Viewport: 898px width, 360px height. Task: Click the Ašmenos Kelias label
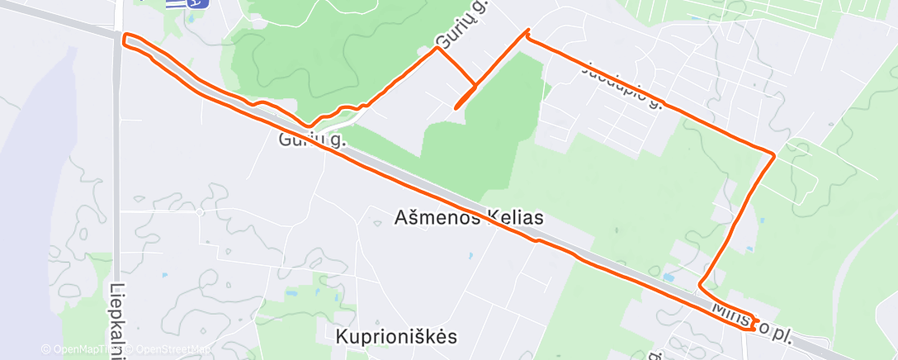(x=469, y=218)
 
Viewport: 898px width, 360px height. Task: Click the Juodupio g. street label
(x=622, y=88)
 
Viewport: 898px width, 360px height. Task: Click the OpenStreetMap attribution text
(x=173, y=349)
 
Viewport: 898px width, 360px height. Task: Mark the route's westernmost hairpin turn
(x=125, y=38)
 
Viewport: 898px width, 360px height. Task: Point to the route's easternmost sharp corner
(x=773, y=154)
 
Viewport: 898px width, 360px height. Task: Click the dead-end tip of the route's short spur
(x=456, y=107)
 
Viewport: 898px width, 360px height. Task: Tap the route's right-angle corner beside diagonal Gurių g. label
(x=437, y=48)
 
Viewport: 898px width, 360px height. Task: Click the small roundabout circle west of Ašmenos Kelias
(x=200, y=212)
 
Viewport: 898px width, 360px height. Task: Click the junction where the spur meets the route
(x=475, y=85)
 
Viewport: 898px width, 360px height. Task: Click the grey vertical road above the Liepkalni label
(x=117, y=165)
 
